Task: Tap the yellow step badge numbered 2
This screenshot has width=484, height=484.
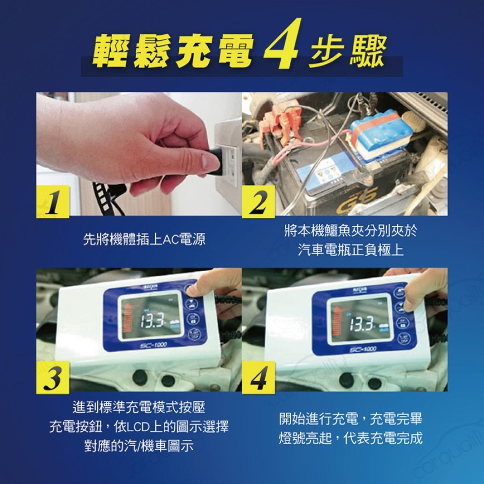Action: [x=259, y=202]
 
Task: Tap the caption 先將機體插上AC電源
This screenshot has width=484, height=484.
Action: [x=144, y=239]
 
